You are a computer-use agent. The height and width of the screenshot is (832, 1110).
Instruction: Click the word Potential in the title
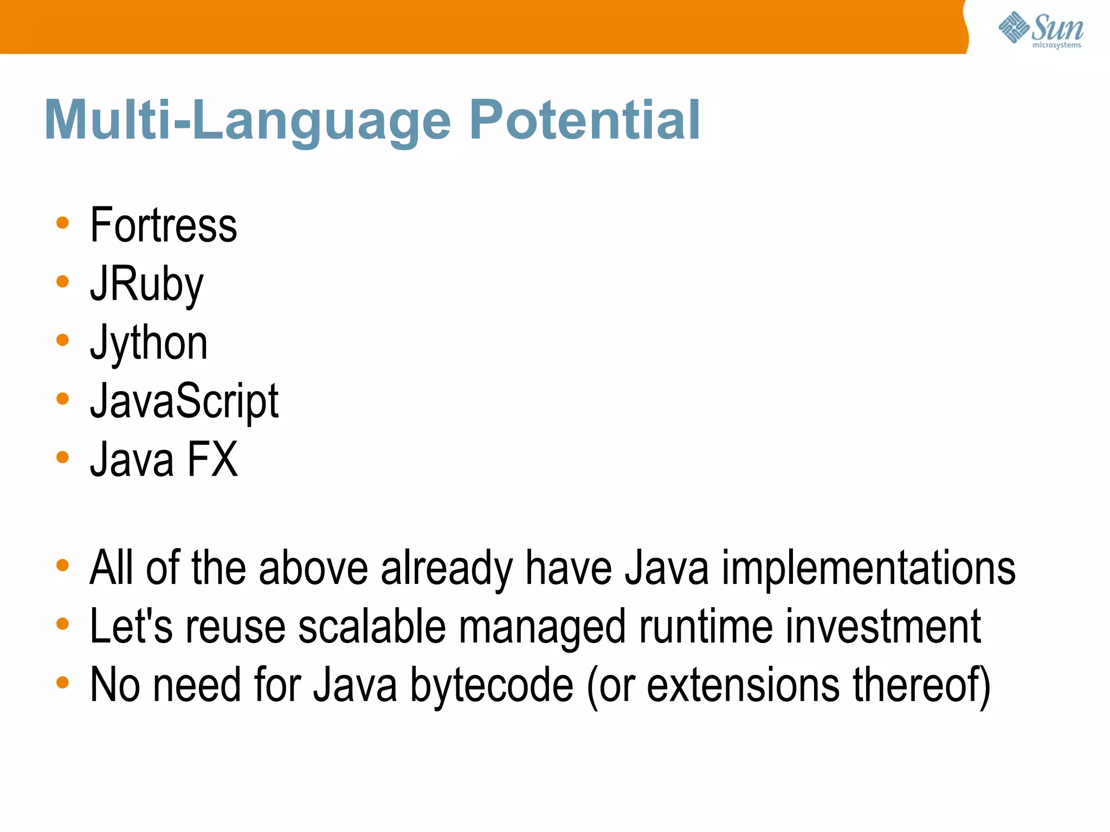585,120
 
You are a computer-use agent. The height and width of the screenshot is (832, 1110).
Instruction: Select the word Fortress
163,225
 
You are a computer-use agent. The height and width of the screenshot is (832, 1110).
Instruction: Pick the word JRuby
146,284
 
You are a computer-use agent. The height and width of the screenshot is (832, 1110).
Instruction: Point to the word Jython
149,343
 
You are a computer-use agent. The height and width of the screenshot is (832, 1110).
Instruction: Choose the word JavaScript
184,401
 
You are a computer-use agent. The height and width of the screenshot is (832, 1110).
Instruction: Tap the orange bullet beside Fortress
63,223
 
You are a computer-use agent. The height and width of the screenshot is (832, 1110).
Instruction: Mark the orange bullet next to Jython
63,340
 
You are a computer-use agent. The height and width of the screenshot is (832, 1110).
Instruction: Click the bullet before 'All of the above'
63,565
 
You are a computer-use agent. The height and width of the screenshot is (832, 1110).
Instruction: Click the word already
447,568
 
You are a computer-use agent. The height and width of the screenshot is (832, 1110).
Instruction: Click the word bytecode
492,685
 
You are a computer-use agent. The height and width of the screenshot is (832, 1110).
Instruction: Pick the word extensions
744,685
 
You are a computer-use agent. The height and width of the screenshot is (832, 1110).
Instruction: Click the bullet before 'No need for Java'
63,682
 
